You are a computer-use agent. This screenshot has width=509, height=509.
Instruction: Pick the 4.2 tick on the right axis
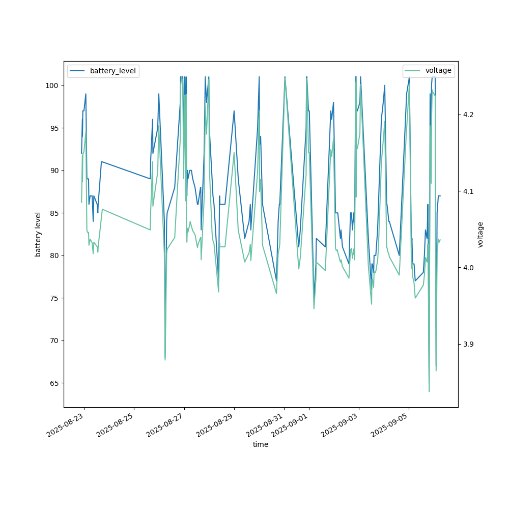click(x=468, y=115)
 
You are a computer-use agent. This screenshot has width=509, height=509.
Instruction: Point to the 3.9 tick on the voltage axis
click(x=468, y=345)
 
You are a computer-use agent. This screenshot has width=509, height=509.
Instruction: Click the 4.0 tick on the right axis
click(x=468, y=268)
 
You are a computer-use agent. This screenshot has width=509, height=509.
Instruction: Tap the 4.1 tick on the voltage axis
click(x=468, y=191)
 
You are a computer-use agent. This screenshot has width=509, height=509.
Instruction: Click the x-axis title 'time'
click(x=261, y=444)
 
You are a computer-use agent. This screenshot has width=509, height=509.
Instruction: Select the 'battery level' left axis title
click(x=38, y=234)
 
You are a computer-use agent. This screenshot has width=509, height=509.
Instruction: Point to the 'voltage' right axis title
click(x=480, y=234)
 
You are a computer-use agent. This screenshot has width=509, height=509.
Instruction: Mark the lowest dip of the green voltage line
click(x=429, y=391)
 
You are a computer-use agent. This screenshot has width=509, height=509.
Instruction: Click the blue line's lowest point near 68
click(x=165, y=358)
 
